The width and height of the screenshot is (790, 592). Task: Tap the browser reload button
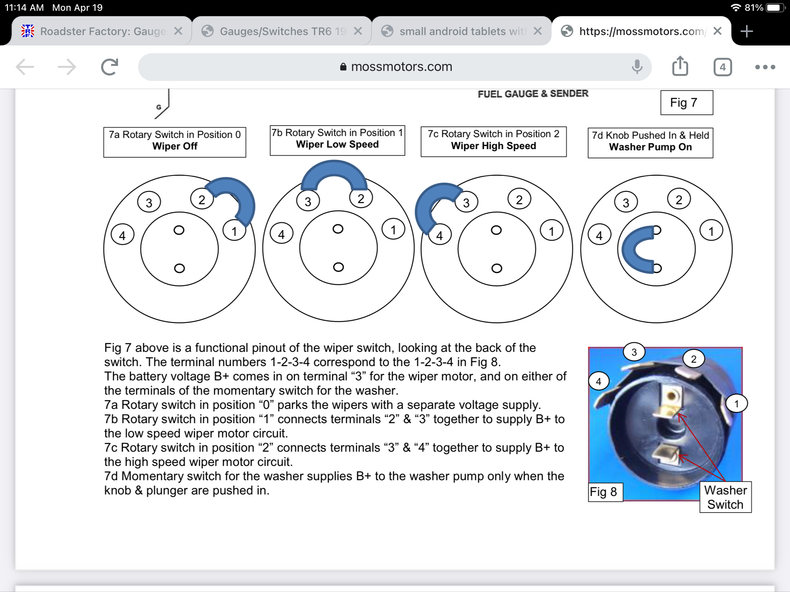pyautogui.click(x=110, y=67)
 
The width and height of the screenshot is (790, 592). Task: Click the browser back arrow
pyautogui.click(x=25, y=67)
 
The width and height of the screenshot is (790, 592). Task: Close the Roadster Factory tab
pyautogui.click(x=178, y=31)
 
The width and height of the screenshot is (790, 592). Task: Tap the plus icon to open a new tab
pyautogui.click(x=747, y=31)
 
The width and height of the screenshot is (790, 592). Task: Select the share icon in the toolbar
pyautogui.click(x=680, y=66)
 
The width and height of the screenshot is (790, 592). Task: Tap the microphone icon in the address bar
pyautogui.click(x=637, y=67)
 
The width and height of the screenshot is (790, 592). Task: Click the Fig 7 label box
pyautogui.click(x=686, y=103)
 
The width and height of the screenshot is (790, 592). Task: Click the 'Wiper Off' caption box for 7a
pyautogui.click(x=174, y=142)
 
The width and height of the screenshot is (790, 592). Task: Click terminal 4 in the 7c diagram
pyautogui.click(x=439, y=235)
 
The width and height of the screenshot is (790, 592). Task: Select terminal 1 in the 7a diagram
pyautogui.click(x=234, y=231)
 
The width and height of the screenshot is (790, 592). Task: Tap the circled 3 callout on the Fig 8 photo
pyautogui.click(x=634, y=352)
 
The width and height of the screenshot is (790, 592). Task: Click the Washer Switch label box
pyautogui.click(x=725, y=497)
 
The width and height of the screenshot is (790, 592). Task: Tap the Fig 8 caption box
pyautogui.click(x=604, y=492)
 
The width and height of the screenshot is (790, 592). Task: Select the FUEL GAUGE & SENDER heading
pyautogui.click(x=533, y=94)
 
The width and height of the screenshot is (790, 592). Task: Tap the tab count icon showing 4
pyautogui.click(x=722, y=67)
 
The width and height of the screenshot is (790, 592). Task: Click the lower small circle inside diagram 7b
pyautogui.click(x=338, y=267)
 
